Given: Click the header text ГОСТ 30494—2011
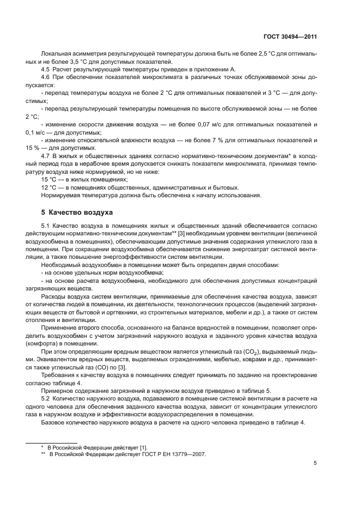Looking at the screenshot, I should [289, 37].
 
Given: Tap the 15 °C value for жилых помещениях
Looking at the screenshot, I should [50, 179].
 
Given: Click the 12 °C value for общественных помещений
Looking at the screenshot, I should [50, 187].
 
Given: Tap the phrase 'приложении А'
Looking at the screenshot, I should [216, 69].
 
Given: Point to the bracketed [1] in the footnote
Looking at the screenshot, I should [143, 447].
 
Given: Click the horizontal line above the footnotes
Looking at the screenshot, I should [52, 441].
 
